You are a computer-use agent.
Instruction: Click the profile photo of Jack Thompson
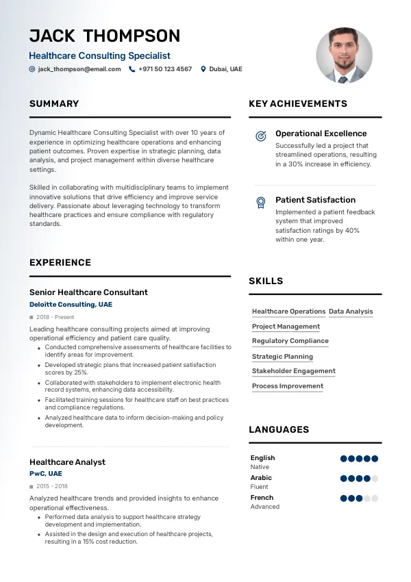(344, 55)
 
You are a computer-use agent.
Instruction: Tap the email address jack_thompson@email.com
(79, 69)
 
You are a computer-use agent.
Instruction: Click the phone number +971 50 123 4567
(165, 69)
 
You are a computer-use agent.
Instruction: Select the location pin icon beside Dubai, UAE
(203, 69)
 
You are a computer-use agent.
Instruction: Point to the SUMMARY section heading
(54, 104)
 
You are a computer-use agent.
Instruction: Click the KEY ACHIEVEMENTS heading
(298, 104)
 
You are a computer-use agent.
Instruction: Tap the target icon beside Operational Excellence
(260, 136)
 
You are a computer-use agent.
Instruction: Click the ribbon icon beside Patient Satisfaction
(260, 202)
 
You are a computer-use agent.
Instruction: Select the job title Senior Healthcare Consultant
(88, 292)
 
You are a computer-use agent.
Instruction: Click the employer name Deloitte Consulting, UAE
(71, 304)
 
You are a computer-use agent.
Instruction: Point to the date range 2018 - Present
(55, 317)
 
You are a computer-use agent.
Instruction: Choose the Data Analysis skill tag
(351, 312)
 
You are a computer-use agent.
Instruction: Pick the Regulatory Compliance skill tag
(290, 341)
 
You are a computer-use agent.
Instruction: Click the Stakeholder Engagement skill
(294, 371)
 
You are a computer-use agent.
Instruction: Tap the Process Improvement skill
(288, 386)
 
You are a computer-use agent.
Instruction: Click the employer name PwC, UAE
(46, 473)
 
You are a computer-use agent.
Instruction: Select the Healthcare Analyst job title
(67, 462)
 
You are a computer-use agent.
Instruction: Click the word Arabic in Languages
(261, 478)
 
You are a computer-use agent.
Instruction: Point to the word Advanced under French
(265, 507)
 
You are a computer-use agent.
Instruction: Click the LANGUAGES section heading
(279, 430)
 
